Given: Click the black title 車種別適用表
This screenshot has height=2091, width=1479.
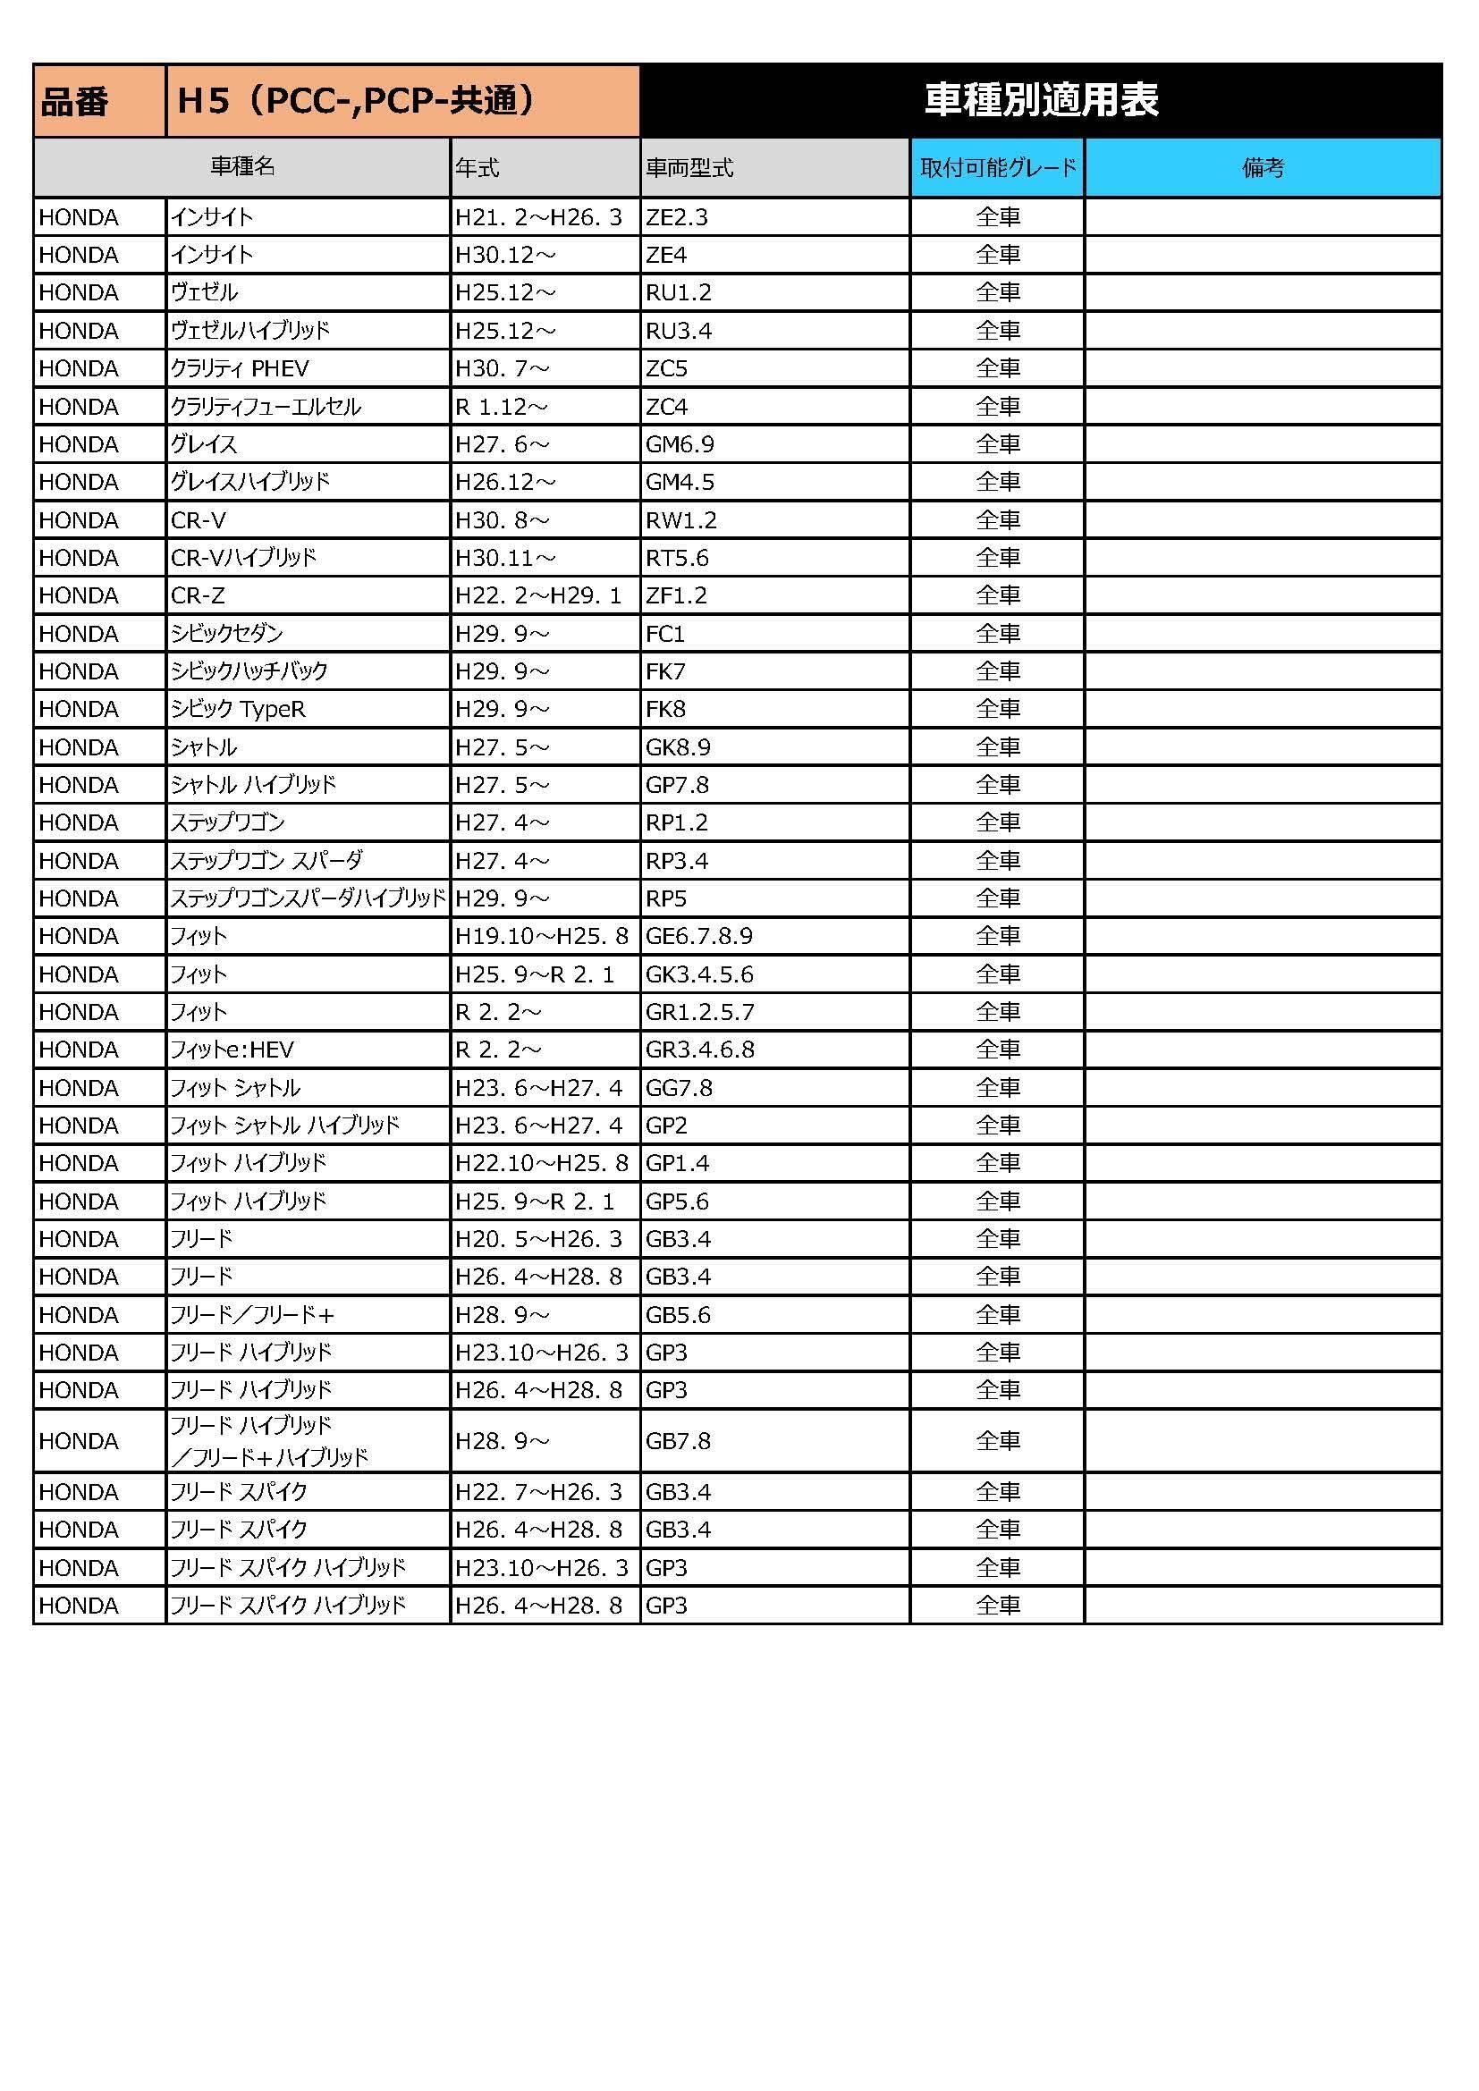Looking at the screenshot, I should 1040,100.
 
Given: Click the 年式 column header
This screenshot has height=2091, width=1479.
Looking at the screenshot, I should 478,167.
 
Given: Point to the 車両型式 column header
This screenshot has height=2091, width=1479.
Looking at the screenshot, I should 689,167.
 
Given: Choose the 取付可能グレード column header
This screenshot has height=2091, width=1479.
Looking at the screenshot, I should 997,167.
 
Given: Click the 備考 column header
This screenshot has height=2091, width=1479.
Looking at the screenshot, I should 1263,167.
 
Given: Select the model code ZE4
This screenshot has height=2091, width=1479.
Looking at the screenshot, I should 667,255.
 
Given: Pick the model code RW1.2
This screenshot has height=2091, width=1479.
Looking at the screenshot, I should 681,520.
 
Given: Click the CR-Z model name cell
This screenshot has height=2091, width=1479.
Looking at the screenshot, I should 199,595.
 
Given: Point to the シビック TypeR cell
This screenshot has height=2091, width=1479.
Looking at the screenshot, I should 239,709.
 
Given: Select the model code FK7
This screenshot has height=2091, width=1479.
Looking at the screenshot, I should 666,671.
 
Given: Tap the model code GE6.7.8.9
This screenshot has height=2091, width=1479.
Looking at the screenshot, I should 699,935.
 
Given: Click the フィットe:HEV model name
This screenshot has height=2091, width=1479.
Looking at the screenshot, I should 232,1050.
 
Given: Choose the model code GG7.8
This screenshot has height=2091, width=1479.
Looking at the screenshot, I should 680,1087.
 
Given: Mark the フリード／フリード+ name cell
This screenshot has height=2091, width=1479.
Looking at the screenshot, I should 253,1314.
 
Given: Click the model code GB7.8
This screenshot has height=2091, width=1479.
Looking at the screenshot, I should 679,1440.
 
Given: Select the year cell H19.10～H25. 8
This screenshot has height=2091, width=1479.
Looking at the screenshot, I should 542,935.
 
